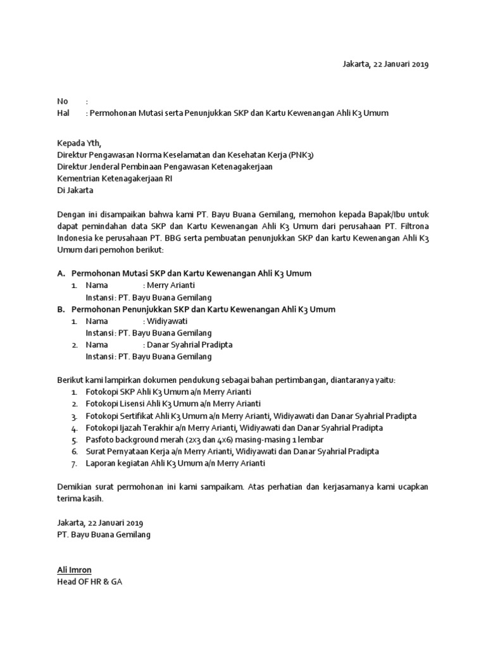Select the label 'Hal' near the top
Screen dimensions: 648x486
point(63,113)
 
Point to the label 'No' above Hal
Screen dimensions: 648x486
point(62,101)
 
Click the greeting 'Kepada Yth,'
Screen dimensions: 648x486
point(78,143)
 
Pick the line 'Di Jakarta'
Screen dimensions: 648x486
point(75,190)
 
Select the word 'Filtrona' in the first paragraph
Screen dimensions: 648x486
point(414,227)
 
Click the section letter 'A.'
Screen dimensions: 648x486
point(61,273)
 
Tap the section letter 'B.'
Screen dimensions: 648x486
point(61,309)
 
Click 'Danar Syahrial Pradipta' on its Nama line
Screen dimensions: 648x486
point(189,345)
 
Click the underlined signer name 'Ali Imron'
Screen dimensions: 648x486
point(75,570)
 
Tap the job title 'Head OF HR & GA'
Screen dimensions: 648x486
point(89,582)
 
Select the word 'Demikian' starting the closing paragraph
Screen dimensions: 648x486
point(75,487)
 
